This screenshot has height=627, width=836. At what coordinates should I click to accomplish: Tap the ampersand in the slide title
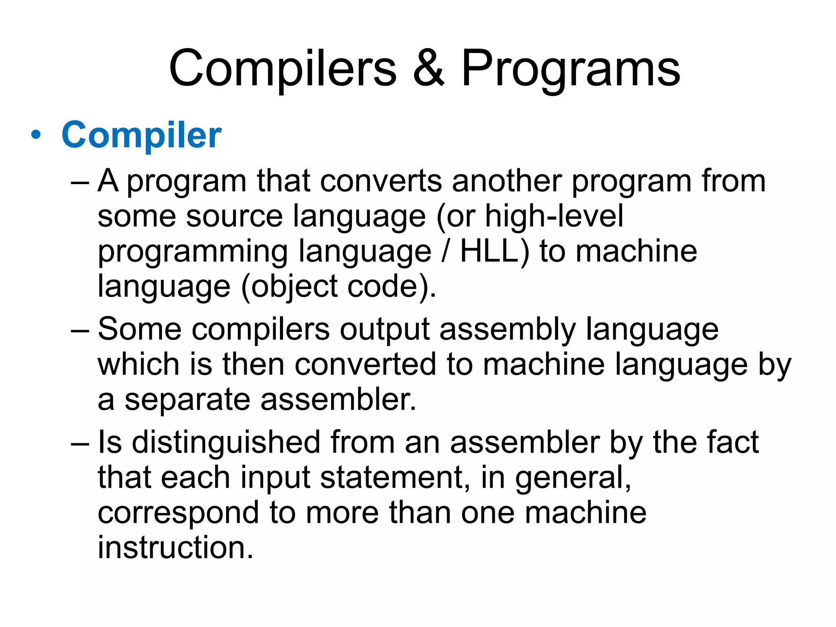click(x=428, y=68)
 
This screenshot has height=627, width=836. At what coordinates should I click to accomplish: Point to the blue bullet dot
click(x=36, y=135)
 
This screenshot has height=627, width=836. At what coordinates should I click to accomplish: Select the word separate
click(x=187, y=399)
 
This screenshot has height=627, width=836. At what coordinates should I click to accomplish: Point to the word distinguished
click(x=226, y=442)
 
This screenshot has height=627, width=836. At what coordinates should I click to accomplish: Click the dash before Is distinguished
click(x=80, y=443)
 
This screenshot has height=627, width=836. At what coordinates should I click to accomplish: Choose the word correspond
click(x=178, y=513)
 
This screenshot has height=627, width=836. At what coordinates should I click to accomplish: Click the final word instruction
click(x=176, y=547)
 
